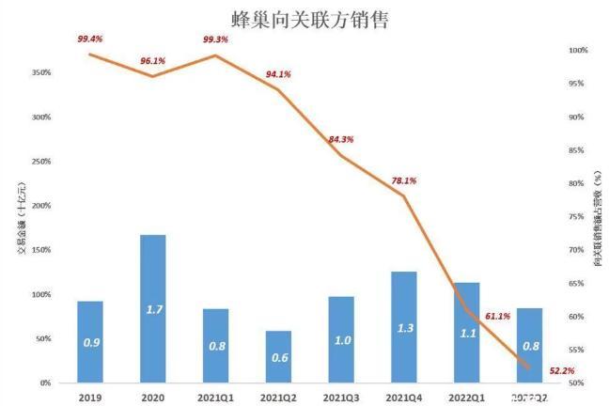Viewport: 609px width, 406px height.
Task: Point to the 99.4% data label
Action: (x=89, y=39)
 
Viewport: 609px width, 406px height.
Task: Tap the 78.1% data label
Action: (x=403, y=180)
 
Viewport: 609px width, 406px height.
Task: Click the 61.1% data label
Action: (x=497, y=317)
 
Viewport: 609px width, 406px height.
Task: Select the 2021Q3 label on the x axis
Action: (x=341, y=398)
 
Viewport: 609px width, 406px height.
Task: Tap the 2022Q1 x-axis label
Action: (x=466, y=398)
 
